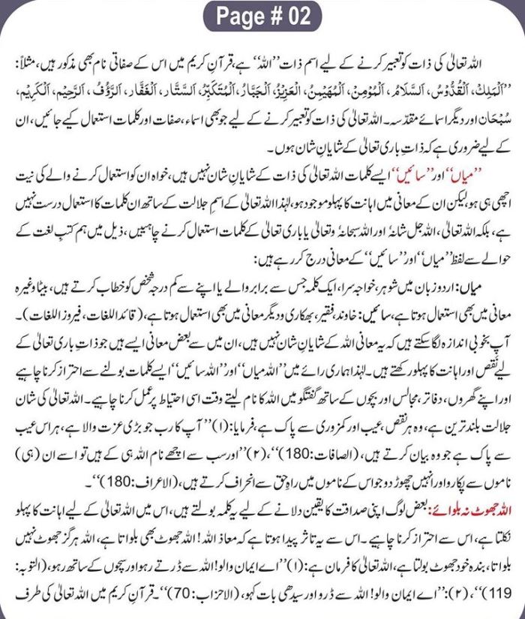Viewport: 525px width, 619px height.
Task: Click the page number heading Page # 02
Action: click(262, 14)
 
